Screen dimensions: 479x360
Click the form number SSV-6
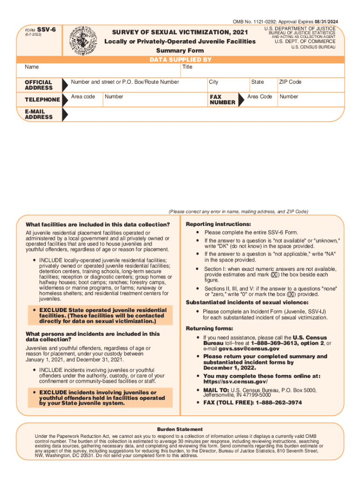pyautogui.click(x=46, y=29)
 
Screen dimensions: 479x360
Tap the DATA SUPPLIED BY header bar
pyautogui.click(x=180, y=60)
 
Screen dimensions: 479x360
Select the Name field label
pyautogui.click(x=32, y=67)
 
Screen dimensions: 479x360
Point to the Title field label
pyautogui.click(x=187, y=67)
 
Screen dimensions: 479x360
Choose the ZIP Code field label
pyautogui.click(x=290, y=82)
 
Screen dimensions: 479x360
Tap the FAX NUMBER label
pyautogui.click(x=223, y=99)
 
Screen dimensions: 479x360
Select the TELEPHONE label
pyautogui.click(x=42, y=99)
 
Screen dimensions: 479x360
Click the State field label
pyautogui.click(x=257, y=82)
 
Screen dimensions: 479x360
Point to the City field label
pyautogui.click(x=214, y=82)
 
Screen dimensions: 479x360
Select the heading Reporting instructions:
pyautogui.click(x=212, y=224)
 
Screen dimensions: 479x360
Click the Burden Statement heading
pyautogui.click(x=180, y=429)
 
